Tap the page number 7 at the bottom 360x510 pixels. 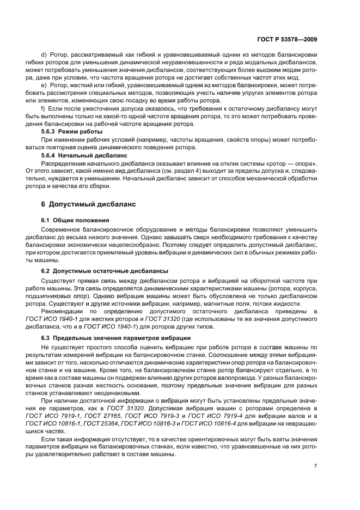coord(315,465)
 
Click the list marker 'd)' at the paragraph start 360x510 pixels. coord(44,56)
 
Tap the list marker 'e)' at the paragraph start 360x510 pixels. coord(44,86)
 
